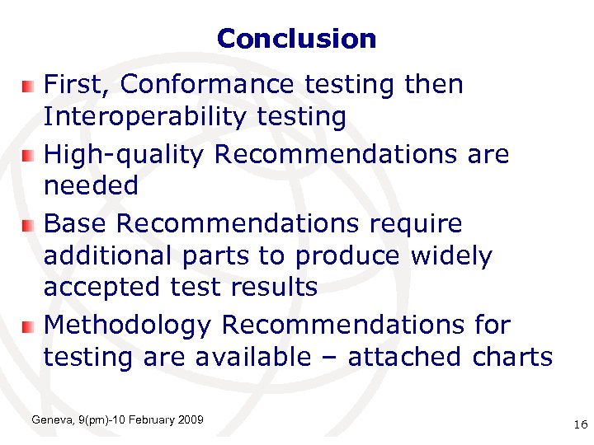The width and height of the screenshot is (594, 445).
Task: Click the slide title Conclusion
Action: coord(296,39)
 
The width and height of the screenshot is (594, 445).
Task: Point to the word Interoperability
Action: coord(145,117)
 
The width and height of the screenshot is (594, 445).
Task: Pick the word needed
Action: coord(91,186)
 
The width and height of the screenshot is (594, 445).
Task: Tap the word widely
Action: coord(451,255)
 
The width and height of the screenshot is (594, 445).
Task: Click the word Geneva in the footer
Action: coord(50,421)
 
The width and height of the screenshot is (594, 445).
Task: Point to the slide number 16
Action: coord(579,424)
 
